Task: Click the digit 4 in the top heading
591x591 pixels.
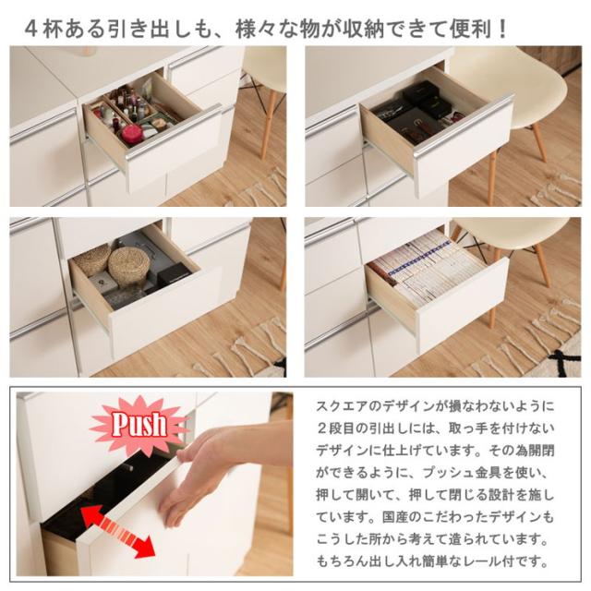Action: tap(31, 27)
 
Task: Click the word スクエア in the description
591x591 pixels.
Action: tap(343, 407)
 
